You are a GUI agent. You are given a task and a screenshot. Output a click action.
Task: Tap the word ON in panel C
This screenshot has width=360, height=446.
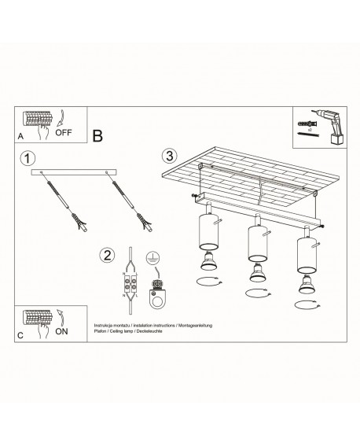pyautogui.click(x=61, y=331)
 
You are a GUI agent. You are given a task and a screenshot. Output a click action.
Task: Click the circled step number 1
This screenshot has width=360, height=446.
pyautogui.click(x=28, y=158)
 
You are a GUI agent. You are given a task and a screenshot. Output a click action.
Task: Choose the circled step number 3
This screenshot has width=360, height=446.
pyautogui.click(x=170, y=154)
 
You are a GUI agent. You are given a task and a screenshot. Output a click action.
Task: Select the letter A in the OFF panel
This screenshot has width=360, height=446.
pyautogui.click(x=20, y=137)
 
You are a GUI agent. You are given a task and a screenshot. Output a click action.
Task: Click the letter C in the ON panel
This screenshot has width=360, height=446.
pyautogui.click(x=20, y=335)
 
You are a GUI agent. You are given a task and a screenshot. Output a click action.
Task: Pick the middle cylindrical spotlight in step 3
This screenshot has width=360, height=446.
pyautogui.click(x=255, y=245)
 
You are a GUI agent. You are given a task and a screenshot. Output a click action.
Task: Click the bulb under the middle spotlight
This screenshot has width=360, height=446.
pyautogui.click(x=255, y=274)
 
